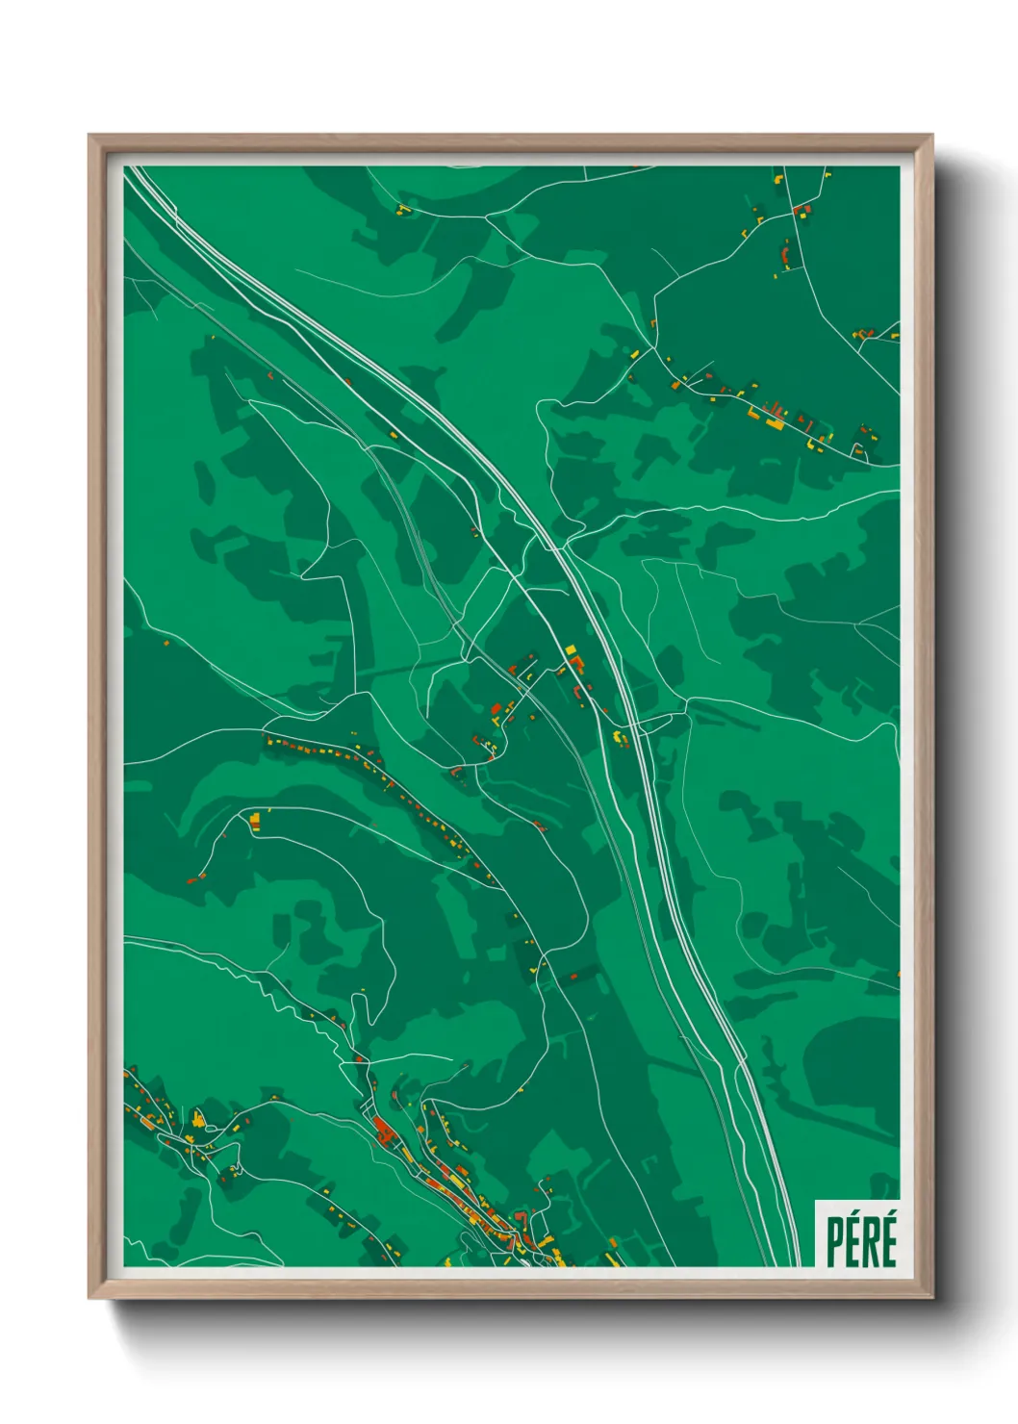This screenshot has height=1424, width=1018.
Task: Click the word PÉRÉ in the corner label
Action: (x=861, y=1241)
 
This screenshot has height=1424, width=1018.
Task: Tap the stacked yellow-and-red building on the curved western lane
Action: (x=255, y=820)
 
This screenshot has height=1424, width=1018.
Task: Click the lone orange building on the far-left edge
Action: (x=165, y=642)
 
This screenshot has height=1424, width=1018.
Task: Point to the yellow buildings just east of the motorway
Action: (x=620, y=738)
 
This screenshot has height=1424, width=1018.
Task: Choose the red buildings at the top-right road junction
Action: (x=801, y=209)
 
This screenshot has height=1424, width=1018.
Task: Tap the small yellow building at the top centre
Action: (x=402, y=208)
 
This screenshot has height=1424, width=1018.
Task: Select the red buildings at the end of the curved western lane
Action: (x=196, y=877)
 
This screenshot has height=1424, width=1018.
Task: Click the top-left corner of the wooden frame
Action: (x=90, y=137)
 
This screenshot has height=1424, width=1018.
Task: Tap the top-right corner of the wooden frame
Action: (x=931, y=137)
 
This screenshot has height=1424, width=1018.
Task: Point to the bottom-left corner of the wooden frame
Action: (x=90, y=1296)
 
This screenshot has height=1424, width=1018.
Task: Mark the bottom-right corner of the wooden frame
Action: (x=931, y=1296)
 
